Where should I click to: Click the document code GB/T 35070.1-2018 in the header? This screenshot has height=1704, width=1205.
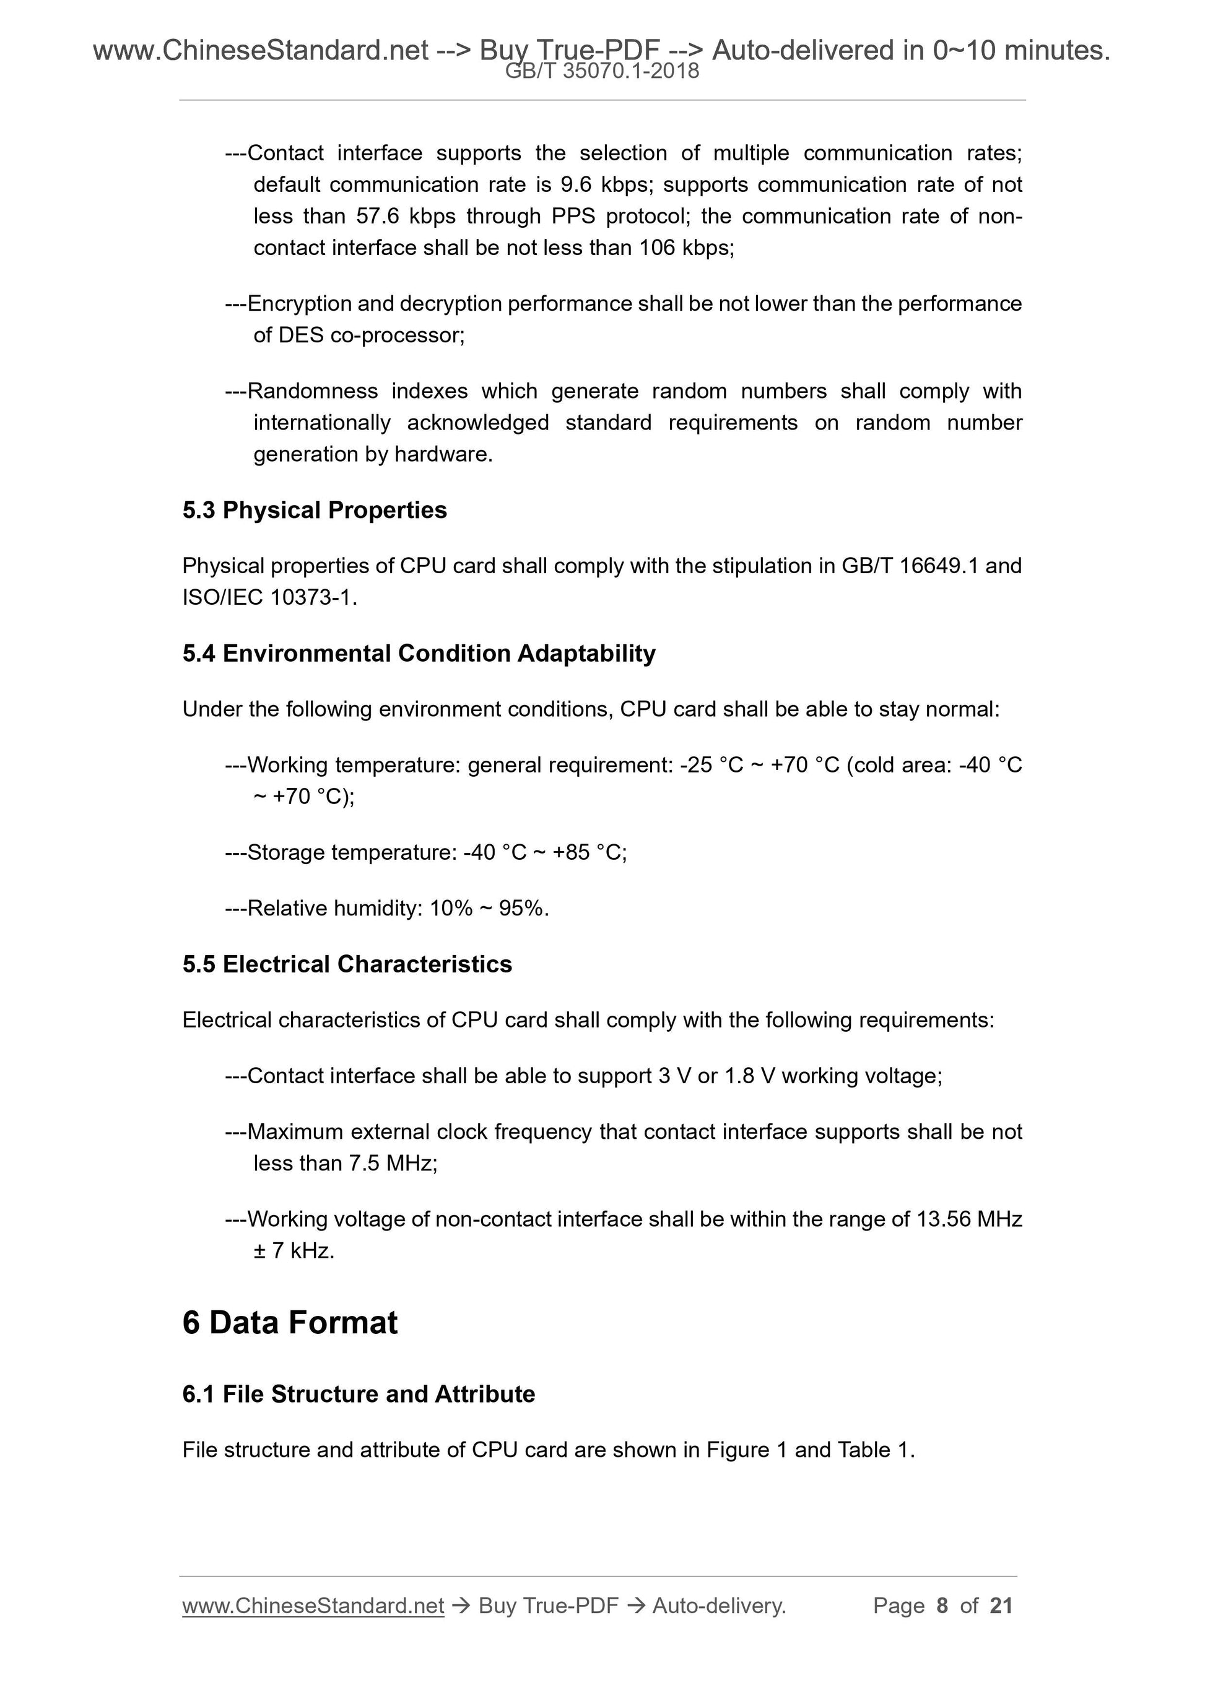tap(601, 71)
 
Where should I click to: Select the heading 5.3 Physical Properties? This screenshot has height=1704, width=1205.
tap(314, 510)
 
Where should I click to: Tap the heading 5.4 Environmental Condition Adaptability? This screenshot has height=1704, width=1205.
tap(419, 653)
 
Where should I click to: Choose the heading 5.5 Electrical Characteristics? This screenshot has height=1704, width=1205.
tap(347, 964)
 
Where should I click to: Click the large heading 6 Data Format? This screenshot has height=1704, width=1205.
tap(290, 1323)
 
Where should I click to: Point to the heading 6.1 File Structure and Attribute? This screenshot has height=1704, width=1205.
tap(358, 1394)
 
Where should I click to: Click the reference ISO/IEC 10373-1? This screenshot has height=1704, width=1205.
tap(269, 597)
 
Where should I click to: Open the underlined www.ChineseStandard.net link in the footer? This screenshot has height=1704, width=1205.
tap(313, 1606)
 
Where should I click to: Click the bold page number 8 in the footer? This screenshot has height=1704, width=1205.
tap(942, 1606)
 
